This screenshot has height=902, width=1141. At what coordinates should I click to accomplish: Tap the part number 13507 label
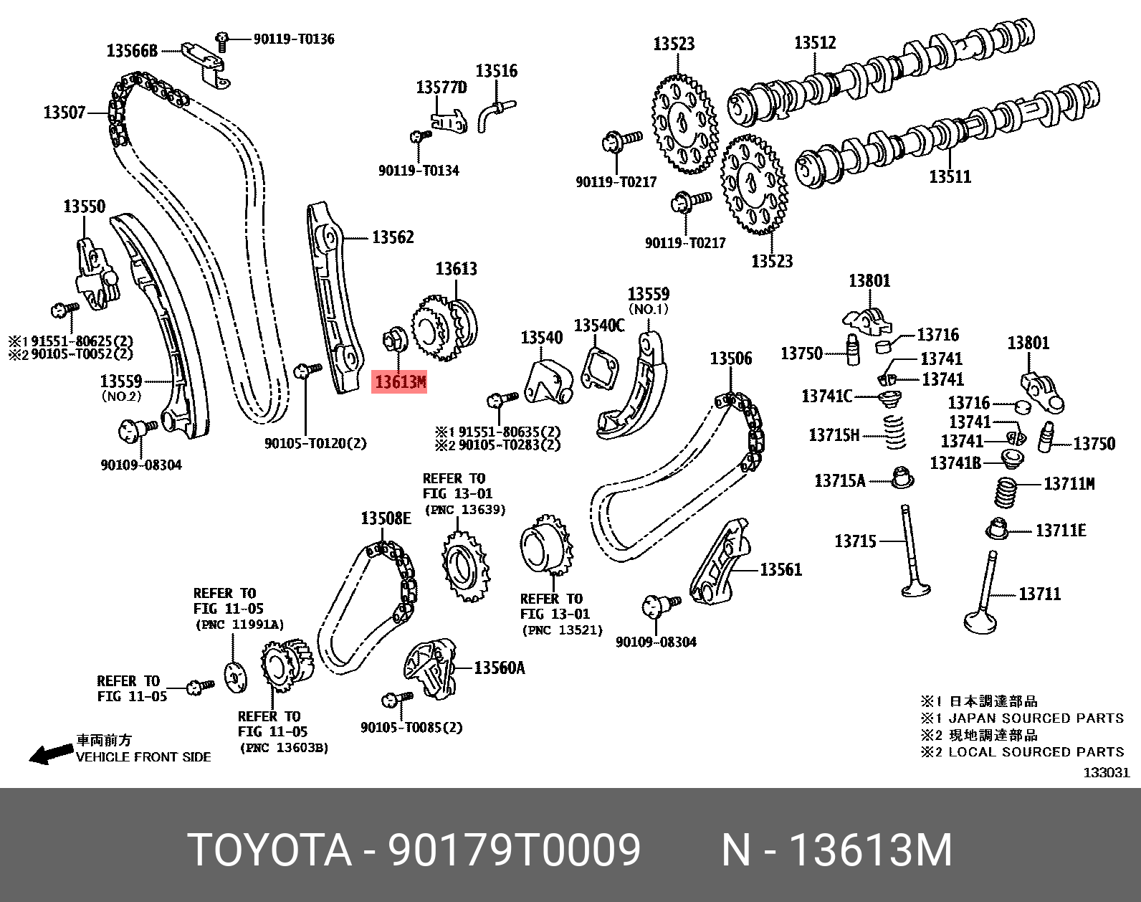pos(65,113)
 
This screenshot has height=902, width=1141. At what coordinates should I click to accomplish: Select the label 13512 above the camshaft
pos(815,43)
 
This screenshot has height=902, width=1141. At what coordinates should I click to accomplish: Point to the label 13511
pos(950,176)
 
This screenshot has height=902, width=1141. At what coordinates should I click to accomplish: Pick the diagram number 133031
pos(1106,772)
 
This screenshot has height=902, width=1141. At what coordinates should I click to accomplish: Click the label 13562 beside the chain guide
pos(393,237)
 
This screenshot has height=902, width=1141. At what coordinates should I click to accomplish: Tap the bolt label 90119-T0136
pos(294,39)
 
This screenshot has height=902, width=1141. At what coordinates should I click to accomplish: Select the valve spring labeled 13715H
pos(893,433)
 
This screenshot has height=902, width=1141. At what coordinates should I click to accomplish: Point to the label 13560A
pos(500,668)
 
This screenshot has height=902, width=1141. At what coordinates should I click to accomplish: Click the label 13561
pos(780,570)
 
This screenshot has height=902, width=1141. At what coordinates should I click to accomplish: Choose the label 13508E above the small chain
pos(386,518)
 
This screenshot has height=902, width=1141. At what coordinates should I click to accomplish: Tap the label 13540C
pos(599,326)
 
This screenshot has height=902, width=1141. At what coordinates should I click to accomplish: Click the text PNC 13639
pos(465,510)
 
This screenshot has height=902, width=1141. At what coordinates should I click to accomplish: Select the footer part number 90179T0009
pos(514,850)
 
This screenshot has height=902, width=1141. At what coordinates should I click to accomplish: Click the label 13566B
pos(132,51)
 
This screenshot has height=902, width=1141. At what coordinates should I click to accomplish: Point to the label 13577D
pos(441,87)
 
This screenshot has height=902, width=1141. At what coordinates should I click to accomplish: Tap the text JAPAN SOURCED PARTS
pos(1036,718)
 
